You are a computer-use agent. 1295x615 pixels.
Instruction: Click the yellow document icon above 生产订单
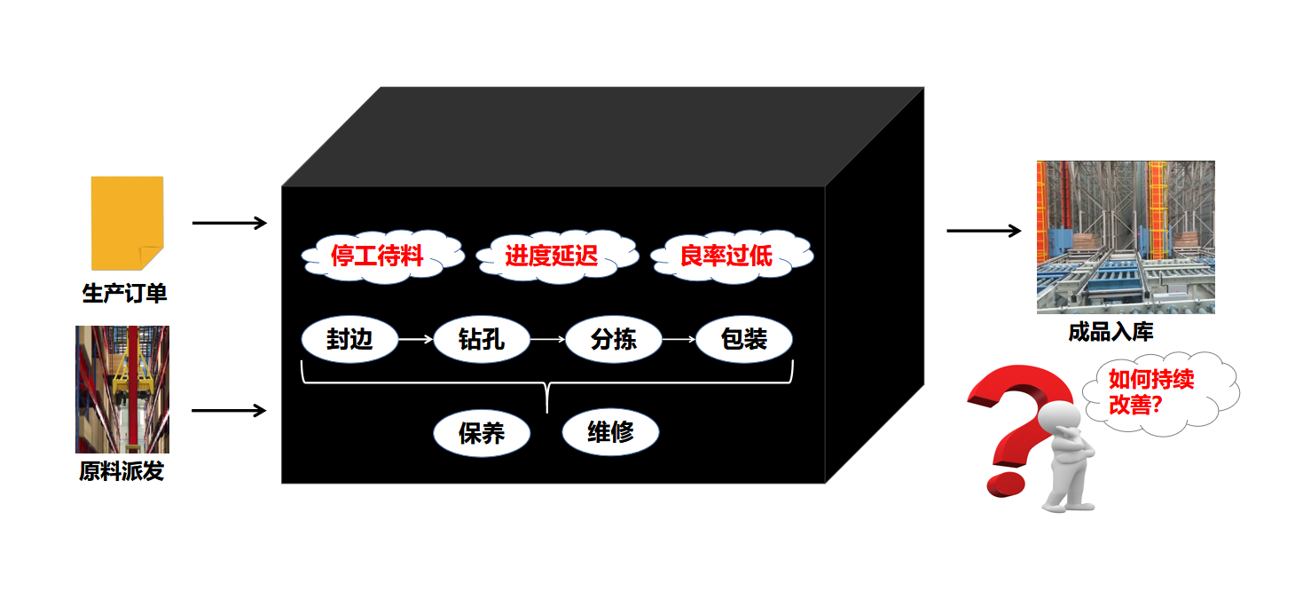coord(127,222)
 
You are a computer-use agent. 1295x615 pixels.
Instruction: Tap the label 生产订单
coord(125,294)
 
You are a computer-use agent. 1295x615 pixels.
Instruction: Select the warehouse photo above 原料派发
coord(122,389)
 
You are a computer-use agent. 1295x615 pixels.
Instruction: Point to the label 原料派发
coord(122,471)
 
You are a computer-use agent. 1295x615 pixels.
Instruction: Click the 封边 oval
coord(349,339)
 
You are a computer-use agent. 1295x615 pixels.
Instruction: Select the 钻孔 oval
coord(482,339)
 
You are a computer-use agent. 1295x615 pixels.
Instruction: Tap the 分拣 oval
coord(614,339)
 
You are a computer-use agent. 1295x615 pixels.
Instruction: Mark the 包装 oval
coord(744,339)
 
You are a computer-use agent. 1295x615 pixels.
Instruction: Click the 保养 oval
coord(482,433)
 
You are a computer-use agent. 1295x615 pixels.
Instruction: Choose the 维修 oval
coord(611,432)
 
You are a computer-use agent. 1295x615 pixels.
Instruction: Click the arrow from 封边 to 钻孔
coord(415,339)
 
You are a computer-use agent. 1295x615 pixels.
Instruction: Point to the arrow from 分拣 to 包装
coord(679,339)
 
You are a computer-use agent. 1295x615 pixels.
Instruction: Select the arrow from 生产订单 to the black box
coord(229,223)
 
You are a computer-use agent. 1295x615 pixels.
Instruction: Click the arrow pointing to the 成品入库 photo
coord(984,231)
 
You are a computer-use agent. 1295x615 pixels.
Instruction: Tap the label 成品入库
coord(1111,333)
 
